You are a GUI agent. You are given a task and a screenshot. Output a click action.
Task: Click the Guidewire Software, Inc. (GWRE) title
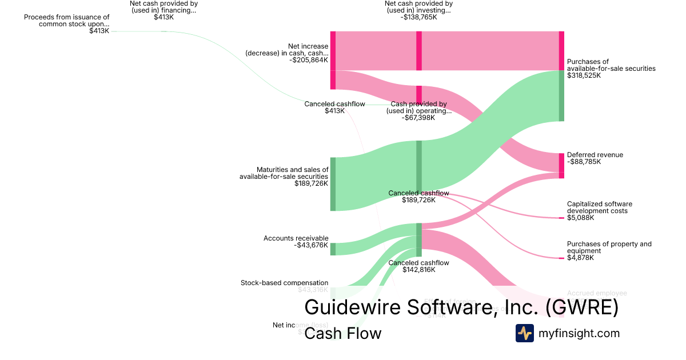(461, 307)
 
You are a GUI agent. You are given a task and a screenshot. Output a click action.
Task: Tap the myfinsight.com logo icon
(524, 333)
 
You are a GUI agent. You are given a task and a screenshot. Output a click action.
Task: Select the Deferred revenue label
(595, 155)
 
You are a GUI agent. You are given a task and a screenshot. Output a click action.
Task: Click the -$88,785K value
(584, 162)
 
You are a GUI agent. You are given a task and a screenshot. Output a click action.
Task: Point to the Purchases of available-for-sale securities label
(611, 65)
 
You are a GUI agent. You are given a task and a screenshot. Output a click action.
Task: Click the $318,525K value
(584, 75)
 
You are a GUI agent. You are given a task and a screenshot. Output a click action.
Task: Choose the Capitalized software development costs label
(599, 207)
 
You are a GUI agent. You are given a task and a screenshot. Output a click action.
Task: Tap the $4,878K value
(580, 258)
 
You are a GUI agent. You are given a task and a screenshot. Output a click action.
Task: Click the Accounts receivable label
(296, 238)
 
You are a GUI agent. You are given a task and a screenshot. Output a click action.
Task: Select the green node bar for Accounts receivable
(333, 249)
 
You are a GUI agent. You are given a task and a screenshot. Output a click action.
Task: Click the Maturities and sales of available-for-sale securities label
(284, 173)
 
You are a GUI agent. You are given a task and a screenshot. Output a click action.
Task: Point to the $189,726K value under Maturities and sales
(311, 183)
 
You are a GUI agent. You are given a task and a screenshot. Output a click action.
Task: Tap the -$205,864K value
(309, 60)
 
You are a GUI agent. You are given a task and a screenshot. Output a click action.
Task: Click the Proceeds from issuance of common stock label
(66, 21)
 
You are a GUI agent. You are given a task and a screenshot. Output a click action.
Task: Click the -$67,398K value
(418, 118)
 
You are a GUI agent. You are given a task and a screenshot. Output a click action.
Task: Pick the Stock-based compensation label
(284, 283)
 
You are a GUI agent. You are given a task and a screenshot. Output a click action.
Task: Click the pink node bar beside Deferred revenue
(561, 166)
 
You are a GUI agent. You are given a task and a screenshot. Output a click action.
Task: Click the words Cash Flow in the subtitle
(342, 333)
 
